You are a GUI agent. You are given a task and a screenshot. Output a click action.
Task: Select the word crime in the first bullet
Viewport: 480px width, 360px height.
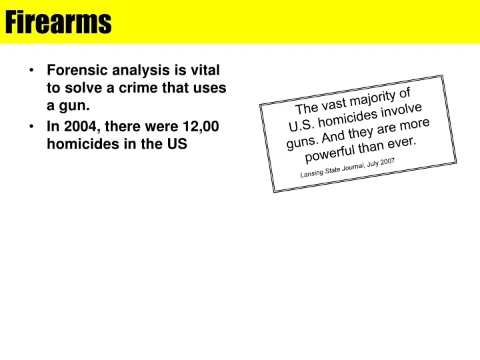pos(143,89)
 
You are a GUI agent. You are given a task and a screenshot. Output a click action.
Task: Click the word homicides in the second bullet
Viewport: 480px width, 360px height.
pos(79,143)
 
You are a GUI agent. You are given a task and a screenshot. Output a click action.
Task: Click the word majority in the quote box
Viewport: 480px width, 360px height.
pos(371,99)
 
